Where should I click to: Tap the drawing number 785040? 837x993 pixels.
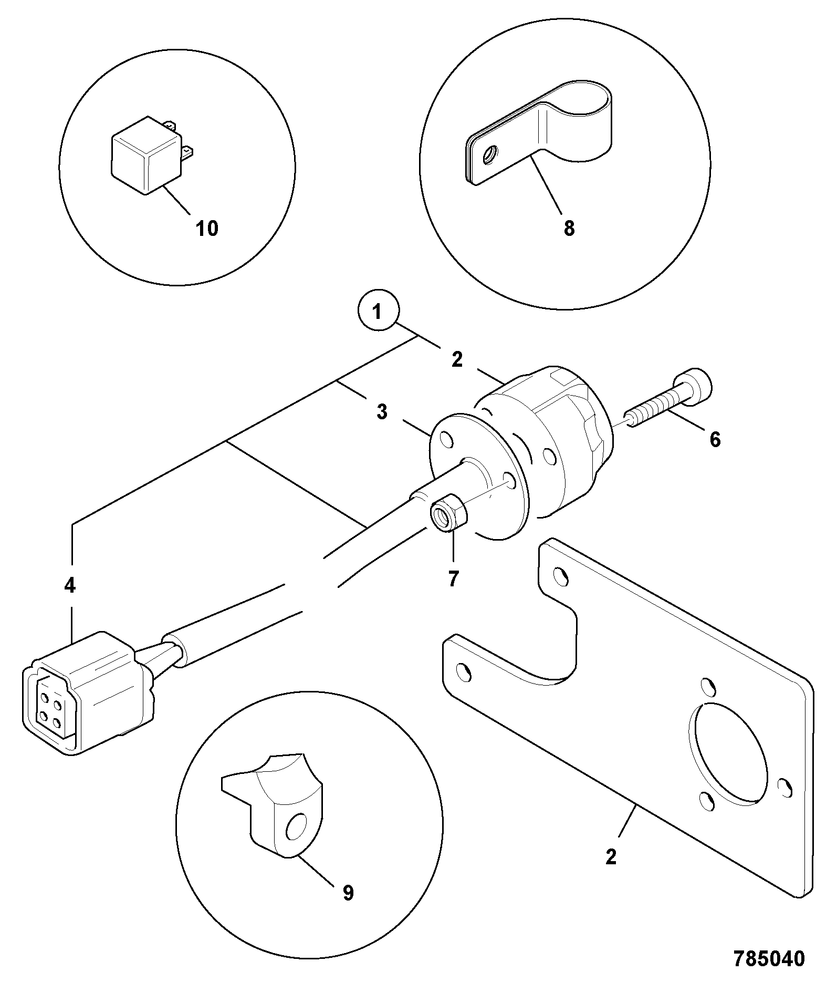coord(770,958)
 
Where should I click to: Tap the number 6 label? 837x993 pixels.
coord(715,439)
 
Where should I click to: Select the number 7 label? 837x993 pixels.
coord(453,578)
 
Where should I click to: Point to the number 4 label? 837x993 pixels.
coord(70,585)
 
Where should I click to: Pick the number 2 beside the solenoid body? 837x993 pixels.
coord(457,359)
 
